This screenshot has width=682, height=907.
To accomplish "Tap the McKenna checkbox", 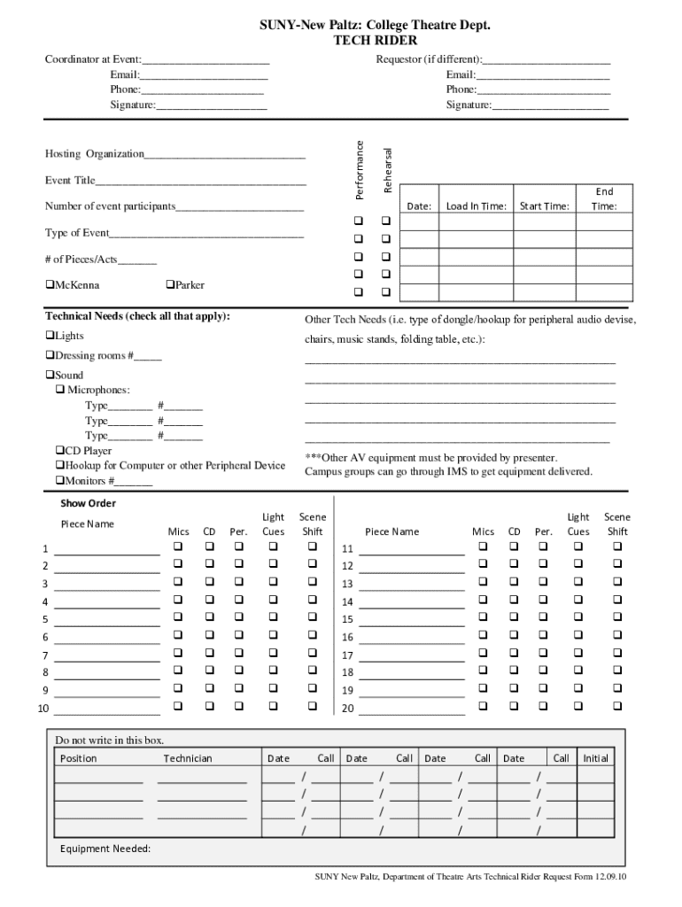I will (x=50, y=285).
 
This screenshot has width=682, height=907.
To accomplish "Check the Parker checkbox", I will (x=170, y=285).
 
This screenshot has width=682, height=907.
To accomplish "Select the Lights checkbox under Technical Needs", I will (x=50, y=336).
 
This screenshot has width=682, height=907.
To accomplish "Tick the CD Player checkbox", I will (x=59, y=451).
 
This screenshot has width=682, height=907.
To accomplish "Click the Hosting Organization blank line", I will (x=225, y=156).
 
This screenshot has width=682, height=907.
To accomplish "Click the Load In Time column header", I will (x=477, y=206).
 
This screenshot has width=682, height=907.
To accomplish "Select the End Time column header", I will (x=604, y=198).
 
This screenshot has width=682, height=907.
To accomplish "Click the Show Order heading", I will (x=88, y=503).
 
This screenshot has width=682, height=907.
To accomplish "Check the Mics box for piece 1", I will (x=178, y=546).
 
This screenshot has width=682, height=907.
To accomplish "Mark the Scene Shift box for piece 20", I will (x=617, y=706).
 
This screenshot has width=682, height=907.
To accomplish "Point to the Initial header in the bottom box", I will (x=595, y=758).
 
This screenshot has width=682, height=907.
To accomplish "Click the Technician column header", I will (x=188, y=758).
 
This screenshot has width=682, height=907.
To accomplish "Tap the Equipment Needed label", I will (x=105, y=849).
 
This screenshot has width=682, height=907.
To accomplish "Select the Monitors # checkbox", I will (x=59, y=481).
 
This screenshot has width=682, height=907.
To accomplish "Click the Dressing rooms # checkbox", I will (x=50, y=355).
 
